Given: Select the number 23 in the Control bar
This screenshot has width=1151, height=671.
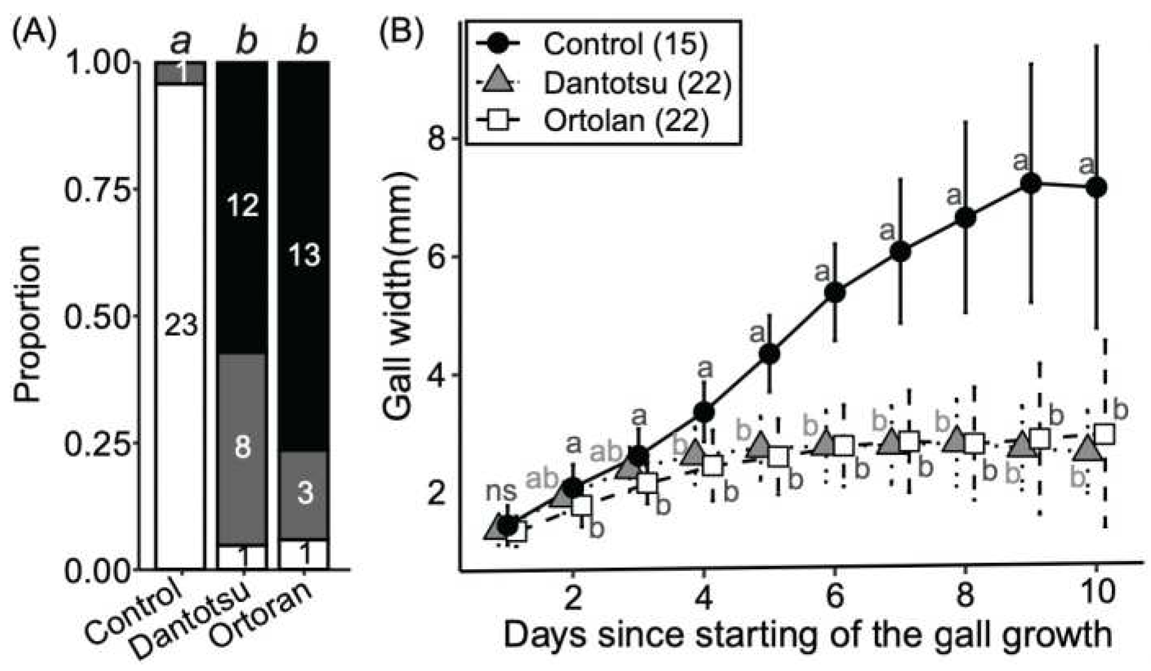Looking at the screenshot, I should pos(181,327).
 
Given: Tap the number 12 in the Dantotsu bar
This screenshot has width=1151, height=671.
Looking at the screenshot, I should pos(242,206).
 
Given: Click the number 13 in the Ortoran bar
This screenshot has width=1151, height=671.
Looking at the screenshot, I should pos(304,255).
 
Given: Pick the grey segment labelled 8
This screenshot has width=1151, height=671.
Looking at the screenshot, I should pos(242,447).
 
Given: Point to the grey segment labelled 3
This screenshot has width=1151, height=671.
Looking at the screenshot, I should pos(304,494).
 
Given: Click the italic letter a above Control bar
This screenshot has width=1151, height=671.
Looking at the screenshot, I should pos(181,42).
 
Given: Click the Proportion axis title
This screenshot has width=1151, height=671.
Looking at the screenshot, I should pos(28,324).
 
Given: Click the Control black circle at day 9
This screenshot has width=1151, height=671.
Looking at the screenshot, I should pos(1031,183).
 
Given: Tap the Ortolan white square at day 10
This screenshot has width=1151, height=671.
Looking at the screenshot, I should pos(1104,434).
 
